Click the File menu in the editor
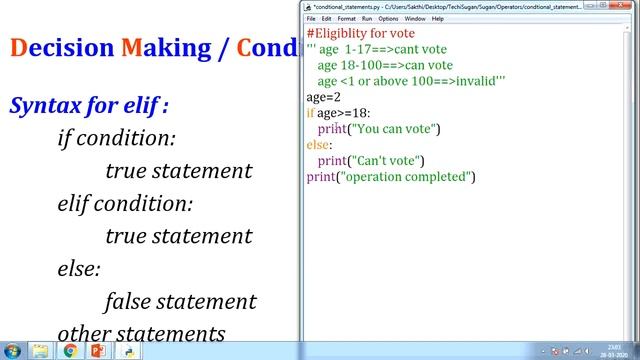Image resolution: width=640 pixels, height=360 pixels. pyautogui.click(x=311, y=19)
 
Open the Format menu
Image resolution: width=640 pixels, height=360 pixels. pyautogui.click(x=346, y=19)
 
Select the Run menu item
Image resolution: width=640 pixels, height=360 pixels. pyautogui.click(x=367, y=19)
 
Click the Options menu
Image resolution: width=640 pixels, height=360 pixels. pyautogui.click(x=387, y=19)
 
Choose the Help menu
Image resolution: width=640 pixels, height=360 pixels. pyautogui.click(x=438, y=19)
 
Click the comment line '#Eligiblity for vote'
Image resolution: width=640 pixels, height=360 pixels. pyautogui.click(x=361, y=33)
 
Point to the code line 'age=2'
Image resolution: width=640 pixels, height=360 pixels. pyautogui.click(x=323, y=97)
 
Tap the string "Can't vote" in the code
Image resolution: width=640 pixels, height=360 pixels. pyautogui.click(x=386, y=161)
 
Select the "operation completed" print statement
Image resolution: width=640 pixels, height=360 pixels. pyautogui.click(x=390, y=177)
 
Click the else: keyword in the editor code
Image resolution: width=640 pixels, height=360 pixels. pyautogui.click(x=318, y=145)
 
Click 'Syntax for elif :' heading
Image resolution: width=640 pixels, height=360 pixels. pyautogui.click(x=89, y=105)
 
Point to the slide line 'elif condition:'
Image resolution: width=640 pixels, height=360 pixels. pyautogui.click(x=125, y=203)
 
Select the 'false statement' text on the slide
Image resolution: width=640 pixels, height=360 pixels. pyautogui.click(x=180, y=301)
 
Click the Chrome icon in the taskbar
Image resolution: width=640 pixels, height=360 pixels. pyautogui.click(x=70, y=351)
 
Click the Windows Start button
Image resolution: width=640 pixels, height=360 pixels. pyautogui.click(x=11, y=351)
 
